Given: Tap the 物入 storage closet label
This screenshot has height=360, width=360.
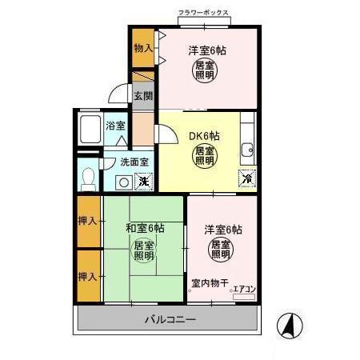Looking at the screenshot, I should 142,48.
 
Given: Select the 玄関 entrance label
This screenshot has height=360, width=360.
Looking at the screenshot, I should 142,97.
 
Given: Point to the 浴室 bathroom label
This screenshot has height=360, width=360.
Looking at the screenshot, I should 116,126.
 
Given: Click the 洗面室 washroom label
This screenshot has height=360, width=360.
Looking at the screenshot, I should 134,162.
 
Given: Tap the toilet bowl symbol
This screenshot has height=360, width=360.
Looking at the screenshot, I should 90,176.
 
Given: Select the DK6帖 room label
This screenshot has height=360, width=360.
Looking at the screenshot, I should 204,135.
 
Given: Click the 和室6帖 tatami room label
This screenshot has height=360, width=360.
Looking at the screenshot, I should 145,228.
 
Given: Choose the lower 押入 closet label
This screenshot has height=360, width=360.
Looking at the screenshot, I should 89,276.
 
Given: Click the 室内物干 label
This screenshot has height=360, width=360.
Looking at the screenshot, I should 210,282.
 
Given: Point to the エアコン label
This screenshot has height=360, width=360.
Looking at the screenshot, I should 244,290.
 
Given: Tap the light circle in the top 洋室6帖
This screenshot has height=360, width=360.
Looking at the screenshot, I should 205,70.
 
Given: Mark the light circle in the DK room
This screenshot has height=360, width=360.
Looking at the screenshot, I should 204,155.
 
